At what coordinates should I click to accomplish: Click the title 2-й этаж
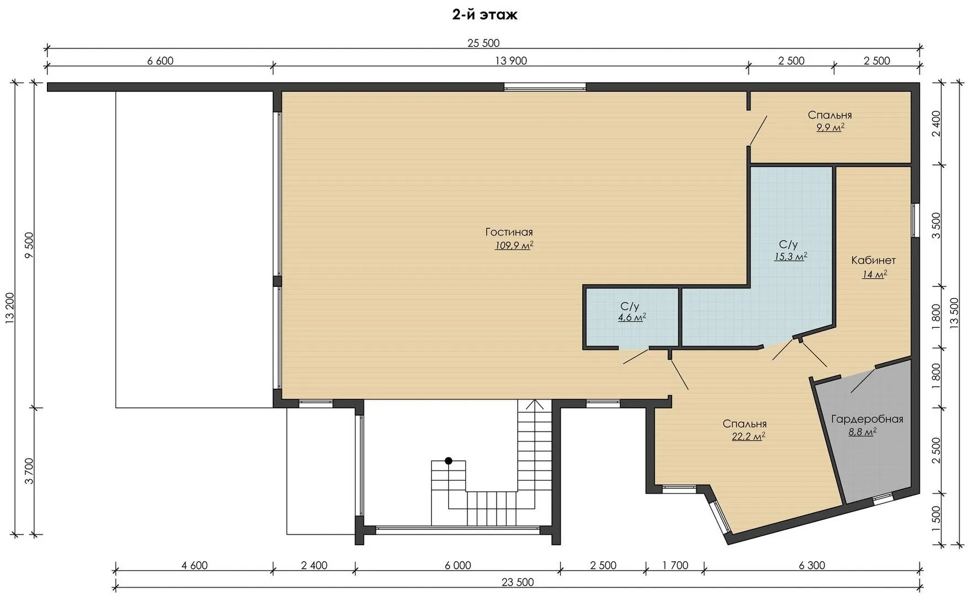pos(485,15)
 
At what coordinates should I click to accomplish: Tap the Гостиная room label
pos(509,232)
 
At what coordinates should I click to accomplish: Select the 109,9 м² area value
pos(514,246)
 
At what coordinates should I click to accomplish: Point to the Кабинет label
pos(873,260)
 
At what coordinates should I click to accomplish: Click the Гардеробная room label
pos(867,419)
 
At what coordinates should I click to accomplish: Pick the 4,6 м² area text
pos(632,317)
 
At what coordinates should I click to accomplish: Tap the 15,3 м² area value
pos(790,257)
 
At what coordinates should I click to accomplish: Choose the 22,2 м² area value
pos(747,437)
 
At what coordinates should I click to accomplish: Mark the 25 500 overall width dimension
pos(483,44)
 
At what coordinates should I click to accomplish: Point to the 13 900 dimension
pos(511,61)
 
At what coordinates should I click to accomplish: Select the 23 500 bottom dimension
pos(518,582)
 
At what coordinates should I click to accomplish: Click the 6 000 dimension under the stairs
pos(458,565)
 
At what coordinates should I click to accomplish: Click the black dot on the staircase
pos(449,460)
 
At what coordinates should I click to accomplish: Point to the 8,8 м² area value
pos(863,432)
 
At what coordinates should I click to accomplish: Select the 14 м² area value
pos(875,274)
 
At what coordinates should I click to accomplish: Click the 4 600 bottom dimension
pos(194,565)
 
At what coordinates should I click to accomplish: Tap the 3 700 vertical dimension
pos(29,471)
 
